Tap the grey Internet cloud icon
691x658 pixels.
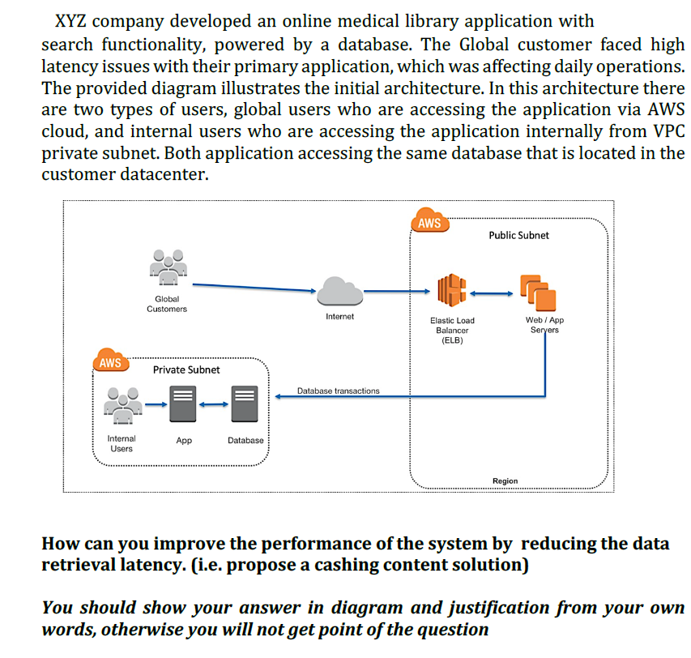339,291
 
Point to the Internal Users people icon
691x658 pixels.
122,406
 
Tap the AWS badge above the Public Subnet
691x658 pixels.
429,223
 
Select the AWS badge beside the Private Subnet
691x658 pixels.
111,362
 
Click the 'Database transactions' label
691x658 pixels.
338,391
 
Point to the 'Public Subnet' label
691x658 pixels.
518,235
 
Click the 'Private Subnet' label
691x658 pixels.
186,370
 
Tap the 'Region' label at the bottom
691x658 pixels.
505,481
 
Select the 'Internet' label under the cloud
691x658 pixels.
339,316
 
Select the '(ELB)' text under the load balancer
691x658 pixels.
452,340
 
